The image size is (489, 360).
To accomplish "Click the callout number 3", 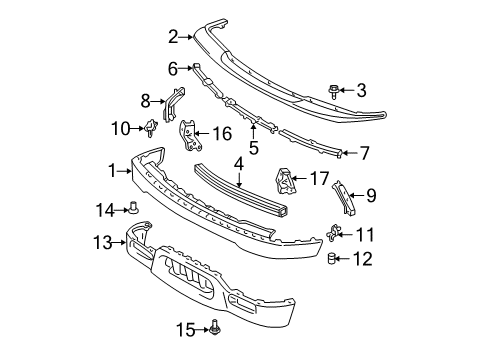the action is pyautogui.click(x=361, y=90).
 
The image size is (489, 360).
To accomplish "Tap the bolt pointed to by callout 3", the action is pyautogui.click(x=333, y=91).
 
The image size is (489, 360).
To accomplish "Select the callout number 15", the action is pyautogui.click(x=186, y=330).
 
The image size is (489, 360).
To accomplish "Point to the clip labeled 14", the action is pyautogui.click(x=134, y=208).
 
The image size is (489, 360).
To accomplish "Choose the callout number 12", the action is pyautogui.click(x=363, y=259).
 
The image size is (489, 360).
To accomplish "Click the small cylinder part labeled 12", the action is pyautogui.click(x=331, y=258).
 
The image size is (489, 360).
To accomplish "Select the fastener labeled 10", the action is pyautogui.click(x=151, y=127).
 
